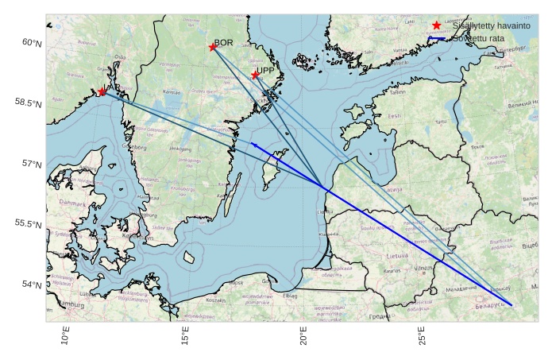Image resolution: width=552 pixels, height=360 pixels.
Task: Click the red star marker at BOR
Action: pyautogui.click(x=213, y=48)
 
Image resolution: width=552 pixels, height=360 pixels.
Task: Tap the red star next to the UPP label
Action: pyautogui.click(x=255, y=75)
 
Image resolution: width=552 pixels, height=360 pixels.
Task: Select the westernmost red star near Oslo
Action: pyautogui.click(x=102, y=92)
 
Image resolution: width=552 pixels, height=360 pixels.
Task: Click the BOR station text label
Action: pyautogui.click(x=223, y=42)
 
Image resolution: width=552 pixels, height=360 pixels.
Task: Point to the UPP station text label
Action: pyautogui.click(x=264, y=71)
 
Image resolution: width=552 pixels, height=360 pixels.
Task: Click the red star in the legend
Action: pyautogui.click(x=436, y=26)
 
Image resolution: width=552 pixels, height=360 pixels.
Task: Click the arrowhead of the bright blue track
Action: pyautogui.click(x=253, y=143)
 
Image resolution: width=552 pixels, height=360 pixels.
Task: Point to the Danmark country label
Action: pyautogui.click(x=73, y=203)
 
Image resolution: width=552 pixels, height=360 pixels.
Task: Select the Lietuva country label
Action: pyautogui.click(x=398, y=256)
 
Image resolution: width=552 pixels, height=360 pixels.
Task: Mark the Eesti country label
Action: pyautogui.click(x=393, y=116)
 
